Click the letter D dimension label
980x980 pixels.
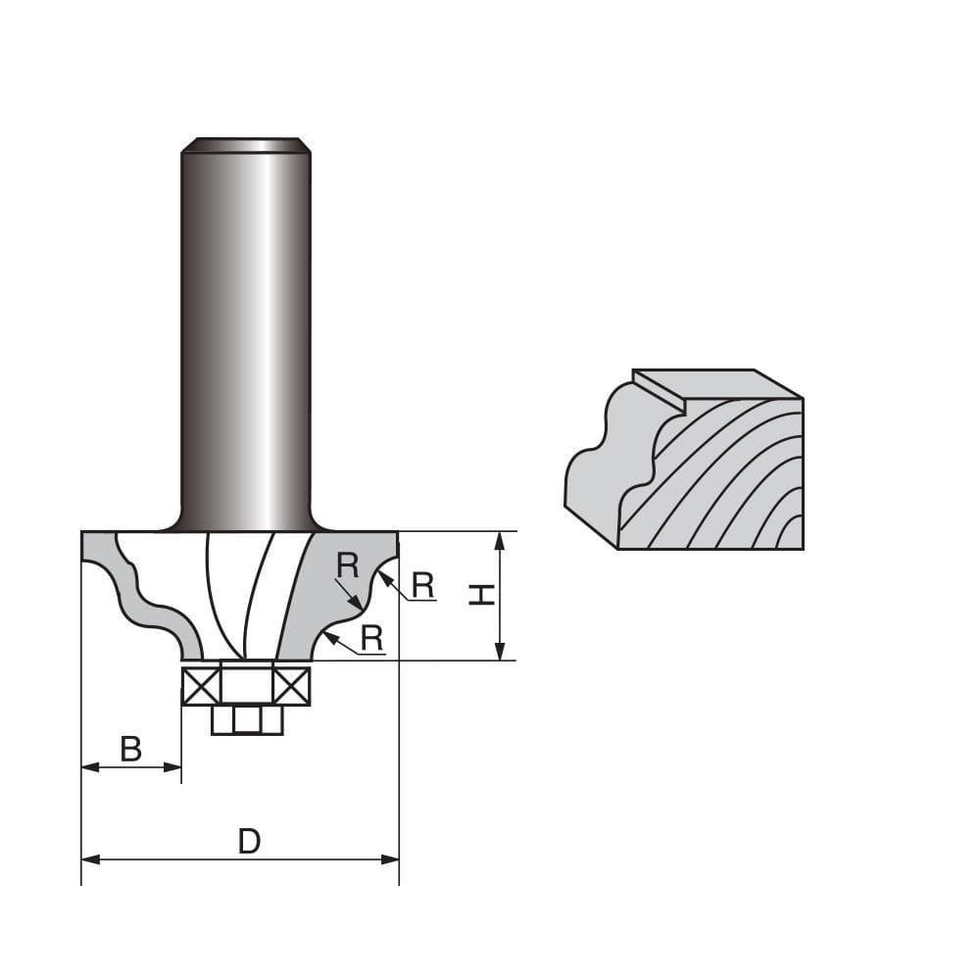tap(249, 841)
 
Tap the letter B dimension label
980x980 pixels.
tap(130, 750)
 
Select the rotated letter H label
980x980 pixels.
tap(480, 594)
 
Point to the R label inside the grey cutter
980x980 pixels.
tap(346, 565)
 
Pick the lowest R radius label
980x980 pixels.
tap(371, 638)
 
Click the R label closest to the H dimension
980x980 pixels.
tap(422, 585)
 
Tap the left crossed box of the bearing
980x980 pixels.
tap(201, 686)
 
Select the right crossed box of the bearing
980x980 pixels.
tap(291, 686)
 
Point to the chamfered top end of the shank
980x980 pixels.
tap(246, 145)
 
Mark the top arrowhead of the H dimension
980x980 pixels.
tap(501, 539)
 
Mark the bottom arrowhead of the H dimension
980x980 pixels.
tap(501, 652)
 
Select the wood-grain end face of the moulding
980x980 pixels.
tap(725, 480)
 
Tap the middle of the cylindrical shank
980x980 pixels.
tap(246, 333)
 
